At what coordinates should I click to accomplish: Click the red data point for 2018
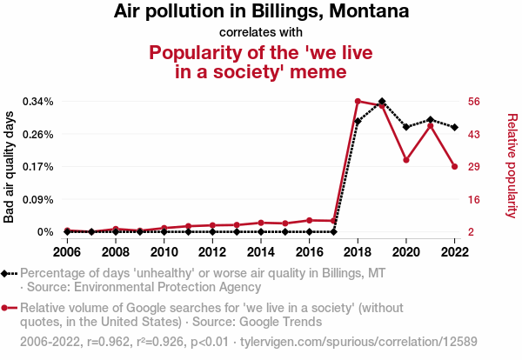coord(358,101)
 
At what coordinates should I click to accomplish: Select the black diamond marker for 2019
coord(382,102)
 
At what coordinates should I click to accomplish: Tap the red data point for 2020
coord(406,160)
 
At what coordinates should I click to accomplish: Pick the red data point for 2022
coord(455,166)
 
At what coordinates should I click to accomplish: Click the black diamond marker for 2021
coord(431,119)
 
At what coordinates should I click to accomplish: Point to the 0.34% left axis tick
coord(40,102)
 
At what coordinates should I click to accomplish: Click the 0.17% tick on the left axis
coord(40,166)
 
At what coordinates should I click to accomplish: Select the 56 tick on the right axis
coord(473,102)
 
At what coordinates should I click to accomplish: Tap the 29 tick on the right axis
coord(473,166)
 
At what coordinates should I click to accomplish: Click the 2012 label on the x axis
coord(212,252)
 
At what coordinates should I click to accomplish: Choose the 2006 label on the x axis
coord(66,252)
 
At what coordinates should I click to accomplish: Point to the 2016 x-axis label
coord(309,252)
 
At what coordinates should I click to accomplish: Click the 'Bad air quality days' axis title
coord(10,167)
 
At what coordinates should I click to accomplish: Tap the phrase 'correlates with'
coord(261,32)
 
